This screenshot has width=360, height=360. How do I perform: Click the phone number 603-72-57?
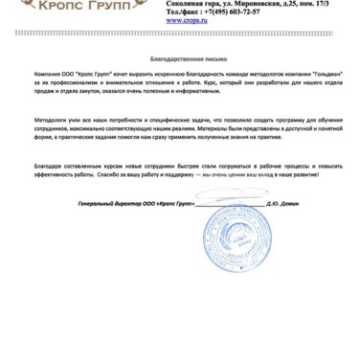[239, 11]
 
